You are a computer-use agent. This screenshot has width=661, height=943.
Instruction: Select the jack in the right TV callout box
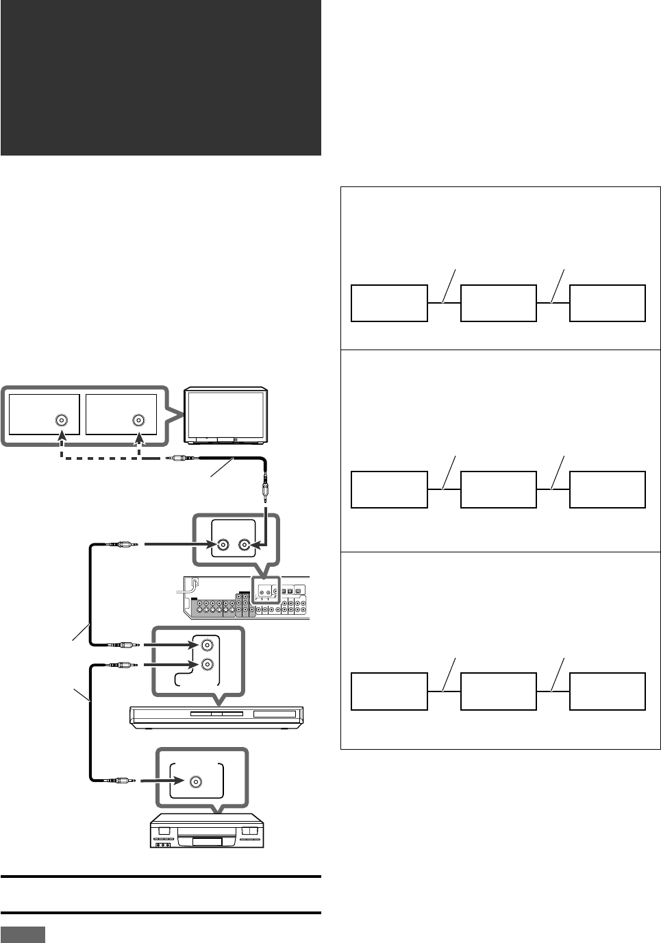[139, 421]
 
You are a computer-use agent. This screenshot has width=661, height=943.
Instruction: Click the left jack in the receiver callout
[223, 546]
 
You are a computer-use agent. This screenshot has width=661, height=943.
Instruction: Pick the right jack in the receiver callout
[245, 546]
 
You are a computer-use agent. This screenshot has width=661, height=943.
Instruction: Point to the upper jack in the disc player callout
[206, 645]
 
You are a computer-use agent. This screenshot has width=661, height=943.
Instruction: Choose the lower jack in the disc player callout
[206, 664]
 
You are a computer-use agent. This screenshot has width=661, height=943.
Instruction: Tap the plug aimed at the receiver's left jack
[123, 546]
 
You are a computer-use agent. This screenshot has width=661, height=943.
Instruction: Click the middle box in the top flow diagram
[499, 303]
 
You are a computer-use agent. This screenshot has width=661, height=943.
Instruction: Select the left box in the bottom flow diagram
[389, 691]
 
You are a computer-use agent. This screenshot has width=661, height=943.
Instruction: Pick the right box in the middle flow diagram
[608, 489]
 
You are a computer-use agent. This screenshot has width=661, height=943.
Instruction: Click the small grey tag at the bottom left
[23, 935]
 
